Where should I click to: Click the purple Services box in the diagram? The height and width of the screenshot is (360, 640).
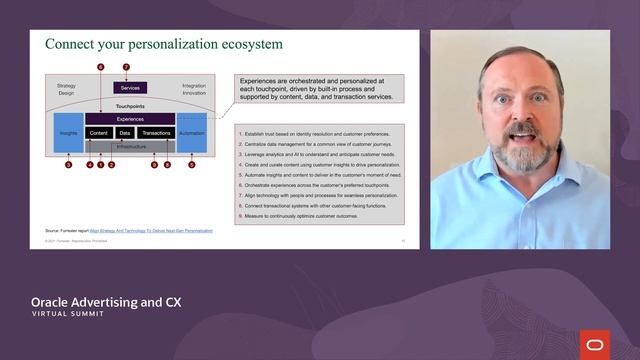[x=131, y=88]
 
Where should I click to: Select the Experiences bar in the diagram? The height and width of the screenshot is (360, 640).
[x=130, y=118]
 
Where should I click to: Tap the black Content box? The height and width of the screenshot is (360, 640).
[x=98, y=132]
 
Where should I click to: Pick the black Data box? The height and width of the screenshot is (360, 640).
[x=125, y=132]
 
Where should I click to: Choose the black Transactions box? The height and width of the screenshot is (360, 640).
[x=156, y=132]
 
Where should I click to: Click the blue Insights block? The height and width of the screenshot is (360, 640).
[x=68, y=132]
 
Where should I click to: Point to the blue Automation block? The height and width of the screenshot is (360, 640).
[x=192, y=132]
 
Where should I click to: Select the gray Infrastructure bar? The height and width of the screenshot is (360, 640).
[x=130, y=146]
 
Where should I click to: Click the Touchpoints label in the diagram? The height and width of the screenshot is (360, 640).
[x=131, y=105]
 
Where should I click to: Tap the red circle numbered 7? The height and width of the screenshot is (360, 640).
[x=127, y=67]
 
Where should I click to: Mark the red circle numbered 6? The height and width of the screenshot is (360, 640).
[x=101, y=67]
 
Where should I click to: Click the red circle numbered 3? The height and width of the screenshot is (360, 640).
[x=68, y=165]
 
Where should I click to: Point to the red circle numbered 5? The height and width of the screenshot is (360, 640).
[x=192, y=165]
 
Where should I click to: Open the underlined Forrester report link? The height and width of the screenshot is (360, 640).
[x=151, y=230]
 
